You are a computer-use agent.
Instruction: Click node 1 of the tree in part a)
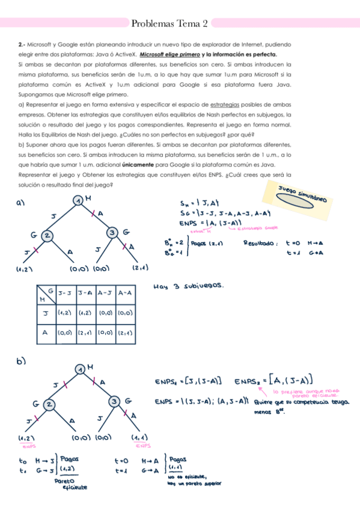pyautogui.click(x=78, y=200)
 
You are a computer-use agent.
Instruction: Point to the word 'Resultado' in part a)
pyautogui.click(x=260, y=244)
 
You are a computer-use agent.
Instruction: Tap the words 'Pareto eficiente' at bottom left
pyautogui.click(x=67, y=484)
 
